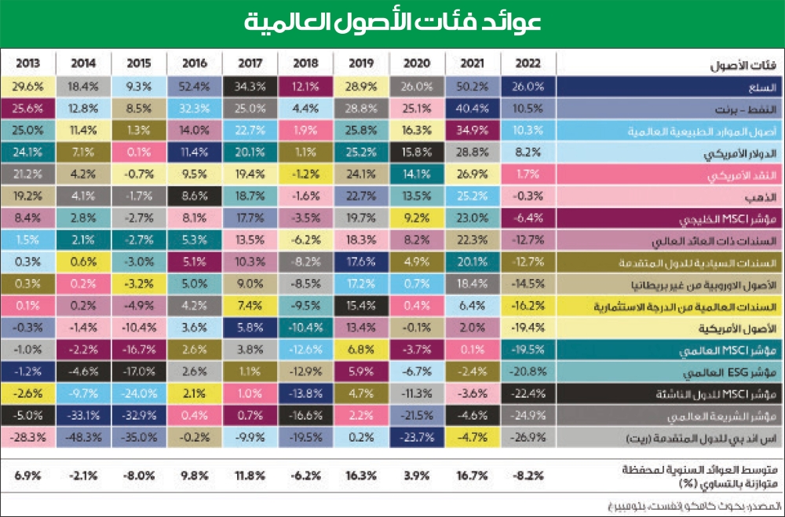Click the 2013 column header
tap(28, 64)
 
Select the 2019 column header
tap(361, 64)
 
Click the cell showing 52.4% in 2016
tap(194, 85)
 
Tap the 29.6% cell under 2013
tap(28, 85)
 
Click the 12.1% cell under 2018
tap(305, 85)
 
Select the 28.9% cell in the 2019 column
tap(361, 85)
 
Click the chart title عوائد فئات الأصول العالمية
tap(392, 22)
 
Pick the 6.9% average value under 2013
tap(28, 474)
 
